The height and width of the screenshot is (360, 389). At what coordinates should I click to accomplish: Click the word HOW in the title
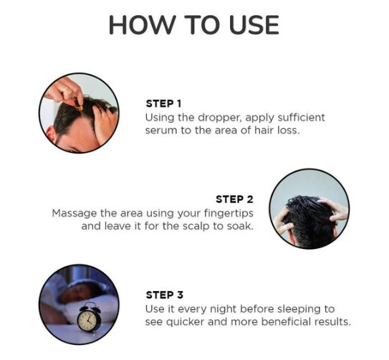[141, 25]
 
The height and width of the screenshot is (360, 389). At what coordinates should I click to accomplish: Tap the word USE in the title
[254, 25]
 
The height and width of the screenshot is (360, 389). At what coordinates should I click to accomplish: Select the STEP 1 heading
[163, 103]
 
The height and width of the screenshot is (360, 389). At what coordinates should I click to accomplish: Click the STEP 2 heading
[234, 199]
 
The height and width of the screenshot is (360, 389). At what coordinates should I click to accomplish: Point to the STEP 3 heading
[165, 295]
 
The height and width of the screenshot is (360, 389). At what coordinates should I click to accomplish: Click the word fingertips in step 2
[229, 214]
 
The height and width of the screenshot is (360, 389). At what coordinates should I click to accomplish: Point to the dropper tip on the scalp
[80, 109]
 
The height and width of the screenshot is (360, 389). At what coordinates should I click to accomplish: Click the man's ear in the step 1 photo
[52, 135]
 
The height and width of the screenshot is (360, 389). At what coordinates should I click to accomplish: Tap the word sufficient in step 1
[301, 117]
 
